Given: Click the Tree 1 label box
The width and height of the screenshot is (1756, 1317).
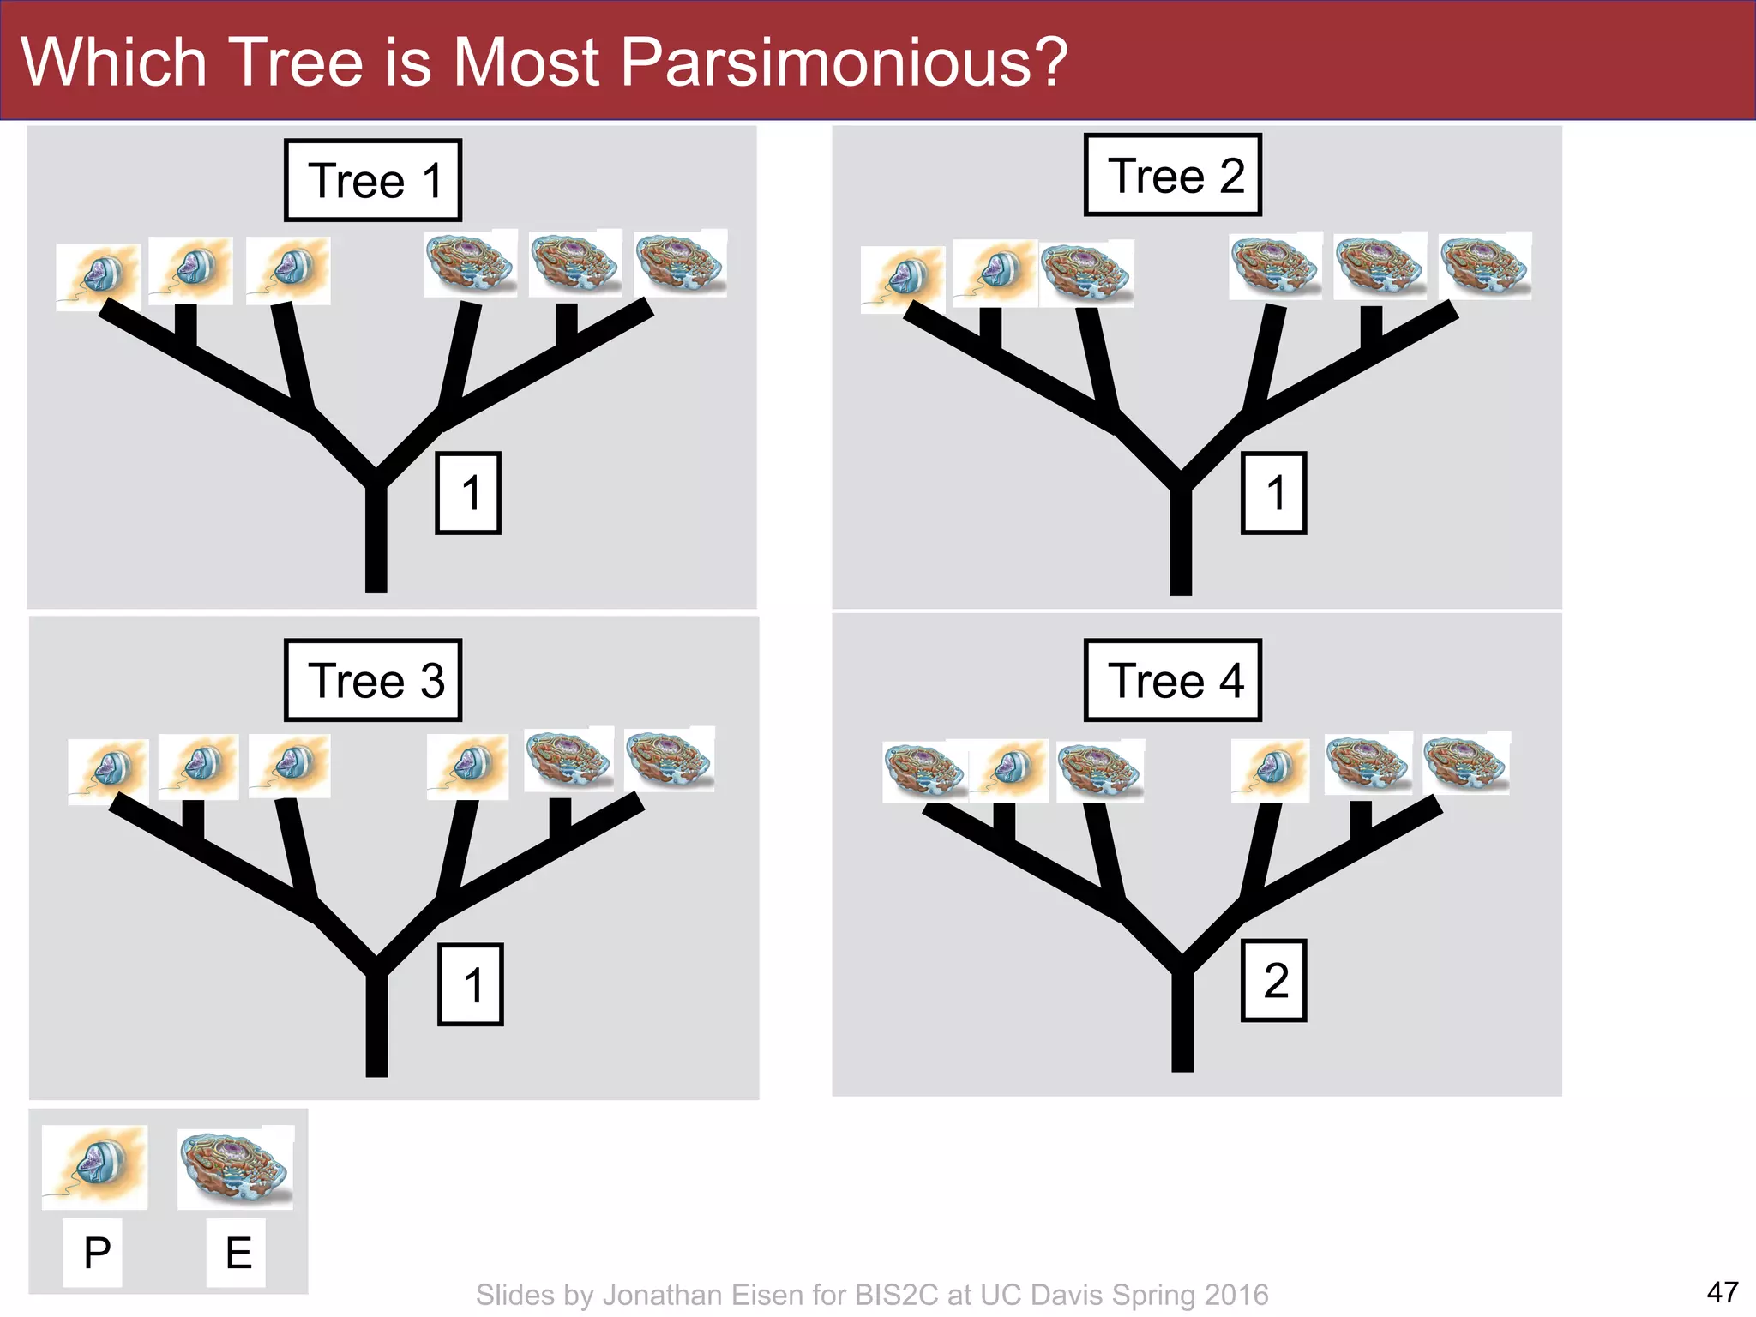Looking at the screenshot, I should pos(373,180).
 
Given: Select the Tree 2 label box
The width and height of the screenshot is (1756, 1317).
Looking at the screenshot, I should pos(1173,175).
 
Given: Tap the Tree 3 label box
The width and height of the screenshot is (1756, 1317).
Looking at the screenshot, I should pos(373,680).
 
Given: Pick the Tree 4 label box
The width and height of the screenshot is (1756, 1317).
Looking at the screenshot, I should pos(1173,680).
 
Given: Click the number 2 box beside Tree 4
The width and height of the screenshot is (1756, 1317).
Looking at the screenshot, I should pos(1274,980).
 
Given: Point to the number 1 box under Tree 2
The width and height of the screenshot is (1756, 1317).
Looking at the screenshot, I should pos(1274,493).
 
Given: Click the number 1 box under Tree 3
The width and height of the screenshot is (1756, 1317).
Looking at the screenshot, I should pos(471,984).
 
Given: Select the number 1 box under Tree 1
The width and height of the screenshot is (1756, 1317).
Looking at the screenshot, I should pos(468,493).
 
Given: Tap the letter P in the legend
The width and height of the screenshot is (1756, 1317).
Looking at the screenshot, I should pos(96,1253).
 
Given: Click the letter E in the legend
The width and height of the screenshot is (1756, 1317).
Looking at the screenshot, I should pos(238,1253).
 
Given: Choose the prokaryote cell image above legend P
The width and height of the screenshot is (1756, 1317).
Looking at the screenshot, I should pos(94,1166).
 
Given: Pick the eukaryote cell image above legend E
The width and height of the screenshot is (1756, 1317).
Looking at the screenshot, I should pos(236,1166).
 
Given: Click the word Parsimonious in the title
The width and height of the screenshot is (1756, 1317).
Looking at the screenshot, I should pos(843,62).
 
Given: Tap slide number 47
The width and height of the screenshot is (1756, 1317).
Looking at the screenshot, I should pos(1722,1291).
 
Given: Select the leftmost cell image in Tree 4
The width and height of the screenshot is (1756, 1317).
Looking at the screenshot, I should pos(924,771).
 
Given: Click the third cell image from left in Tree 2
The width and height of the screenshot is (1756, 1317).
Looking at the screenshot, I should pos(1085,273).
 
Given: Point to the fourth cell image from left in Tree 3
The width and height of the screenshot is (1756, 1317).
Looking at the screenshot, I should pos(467,766).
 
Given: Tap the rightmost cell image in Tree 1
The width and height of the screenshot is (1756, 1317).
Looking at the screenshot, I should pos(681,263).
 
